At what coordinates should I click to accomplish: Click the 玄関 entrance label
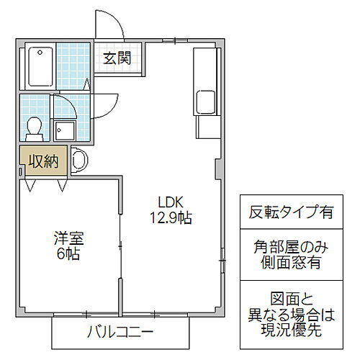116,58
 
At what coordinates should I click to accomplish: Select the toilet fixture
33,127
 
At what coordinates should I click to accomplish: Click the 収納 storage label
43,161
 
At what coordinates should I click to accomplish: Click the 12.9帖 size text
171,217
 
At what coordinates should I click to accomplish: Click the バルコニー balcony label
120,332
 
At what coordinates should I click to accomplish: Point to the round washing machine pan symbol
78,160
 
